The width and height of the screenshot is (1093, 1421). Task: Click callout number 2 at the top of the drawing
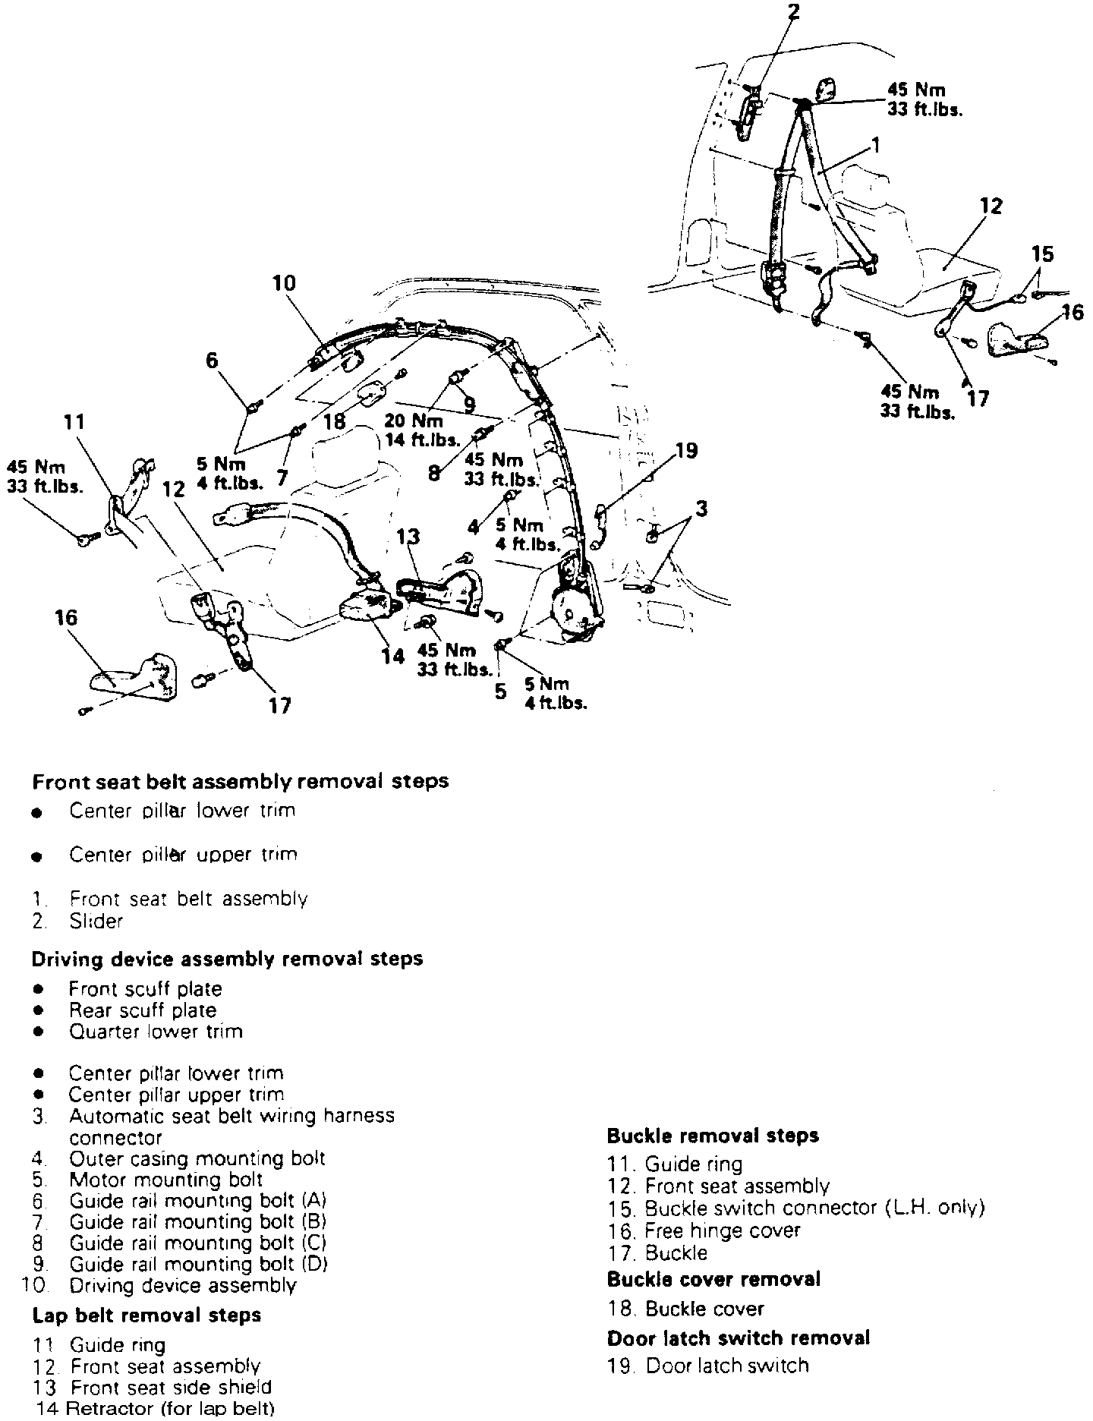tap(793, 12)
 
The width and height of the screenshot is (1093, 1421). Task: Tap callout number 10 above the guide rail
tap(284, 284)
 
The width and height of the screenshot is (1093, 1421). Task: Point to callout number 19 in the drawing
tap(685, 451)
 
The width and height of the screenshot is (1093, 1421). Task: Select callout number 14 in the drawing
tap(392, 655)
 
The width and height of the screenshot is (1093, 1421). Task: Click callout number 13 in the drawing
tap(408, 537)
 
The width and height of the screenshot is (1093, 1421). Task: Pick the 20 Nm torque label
tap(414, 421)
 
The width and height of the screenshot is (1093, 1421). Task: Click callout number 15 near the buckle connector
tap(1043, 254)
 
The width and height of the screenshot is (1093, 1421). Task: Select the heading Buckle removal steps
tap(713, 1136)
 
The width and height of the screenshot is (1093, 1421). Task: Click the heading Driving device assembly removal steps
tap(227, 959)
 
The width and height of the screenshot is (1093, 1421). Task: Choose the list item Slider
tap(96, 921)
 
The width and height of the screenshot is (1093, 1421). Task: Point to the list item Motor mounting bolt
tap(165, 1180)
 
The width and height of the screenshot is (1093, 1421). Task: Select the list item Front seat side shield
tap(171, 1387)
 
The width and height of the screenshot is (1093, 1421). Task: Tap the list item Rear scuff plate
tap(143, 1010)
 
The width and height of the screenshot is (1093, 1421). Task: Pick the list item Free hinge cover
tap(722, 1230)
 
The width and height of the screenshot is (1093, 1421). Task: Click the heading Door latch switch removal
tap(738, 1338)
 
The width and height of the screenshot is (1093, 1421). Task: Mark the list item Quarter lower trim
tap(156, 1032)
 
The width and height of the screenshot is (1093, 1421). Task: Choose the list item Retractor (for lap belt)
tap(170, 1409)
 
